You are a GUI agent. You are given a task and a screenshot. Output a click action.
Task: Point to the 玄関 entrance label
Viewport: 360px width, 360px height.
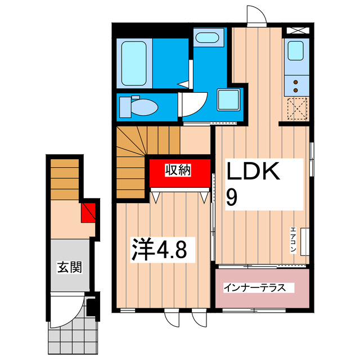click(69, 266)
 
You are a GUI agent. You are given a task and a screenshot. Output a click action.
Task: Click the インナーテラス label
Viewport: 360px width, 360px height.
click(258, 288)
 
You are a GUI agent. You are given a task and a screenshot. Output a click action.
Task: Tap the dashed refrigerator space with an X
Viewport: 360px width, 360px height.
click(297, 109)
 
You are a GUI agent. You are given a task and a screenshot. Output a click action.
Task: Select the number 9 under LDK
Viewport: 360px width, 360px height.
click(232, 196)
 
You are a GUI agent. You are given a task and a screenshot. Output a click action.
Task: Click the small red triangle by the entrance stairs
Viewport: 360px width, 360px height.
click(88, 212)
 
